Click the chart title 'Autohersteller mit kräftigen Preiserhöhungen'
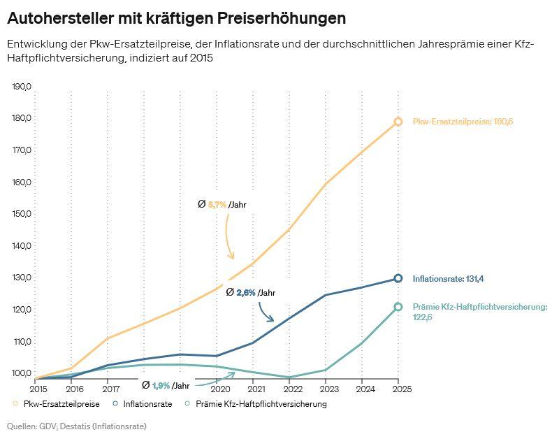[176, 17]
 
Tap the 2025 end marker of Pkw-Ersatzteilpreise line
[398, 122]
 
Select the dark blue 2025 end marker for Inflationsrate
[398, 278]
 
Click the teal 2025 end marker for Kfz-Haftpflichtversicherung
[398, 307]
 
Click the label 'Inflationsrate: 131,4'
[448, 278]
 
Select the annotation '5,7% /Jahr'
[223, 205]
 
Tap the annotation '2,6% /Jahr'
[251, 293]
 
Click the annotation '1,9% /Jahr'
[166, 385]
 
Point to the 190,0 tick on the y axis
[22, 87]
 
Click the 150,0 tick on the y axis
[22, 214]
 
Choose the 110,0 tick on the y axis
[22, 342]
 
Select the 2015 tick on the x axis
[38, 389]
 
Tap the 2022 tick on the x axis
[292, 389]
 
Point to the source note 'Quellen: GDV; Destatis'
[77, 426]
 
